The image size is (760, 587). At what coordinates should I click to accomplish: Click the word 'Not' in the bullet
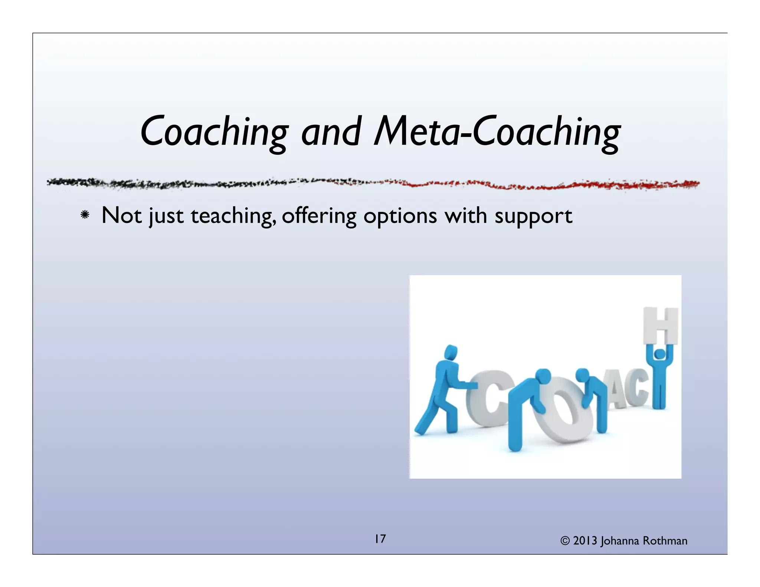pyautogui.click(x=122, y=215)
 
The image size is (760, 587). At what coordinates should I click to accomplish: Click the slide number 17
pyautogui.click(x=380, y=539)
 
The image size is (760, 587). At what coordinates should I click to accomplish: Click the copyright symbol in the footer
pyautogui.click(x=565, y=541)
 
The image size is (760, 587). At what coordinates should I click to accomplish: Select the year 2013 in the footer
pyautogui.click(x=585, y=541)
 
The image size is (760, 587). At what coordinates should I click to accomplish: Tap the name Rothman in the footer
pyautogui.click(x=665, y=541)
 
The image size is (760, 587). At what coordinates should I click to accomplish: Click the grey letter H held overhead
pyautogui.click(x=661, y=326)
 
